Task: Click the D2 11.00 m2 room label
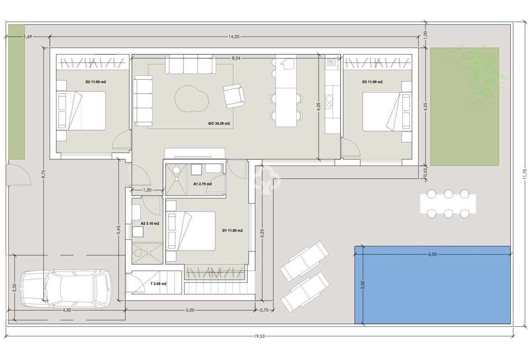click(x=96, y=82)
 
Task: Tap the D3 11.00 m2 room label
click(x=372, y=82)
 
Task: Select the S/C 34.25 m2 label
click(x=216, y=123)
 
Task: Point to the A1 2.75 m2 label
click(x=202, y=184)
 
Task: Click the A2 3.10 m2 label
click(x=150, y=223)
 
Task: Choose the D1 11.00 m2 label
click(x=232, y=230)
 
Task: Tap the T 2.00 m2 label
click(x=158, y=284)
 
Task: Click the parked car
click(x=66, y=288)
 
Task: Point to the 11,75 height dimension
click(x=525, y=174)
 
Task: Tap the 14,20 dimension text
click(x=234, y=37)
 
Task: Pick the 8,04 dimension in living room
click(x=236, y=58)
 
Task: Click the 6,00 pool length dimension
click(x=432, y=254)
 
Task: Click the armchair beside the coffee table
click(x=234, y=96)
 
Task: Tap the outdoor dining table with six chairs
click(x=448, y=204)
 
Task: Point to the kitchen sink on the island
click(x=289, y=64)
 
